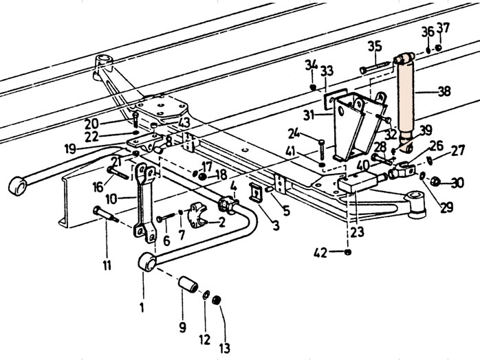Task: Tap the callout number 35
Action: (x=374, y=47)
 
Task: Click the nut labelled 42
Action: (x=348, y=253)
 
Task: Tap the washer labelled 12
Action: (x=206, y=295)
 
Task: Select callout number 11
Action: (x=107, y=264)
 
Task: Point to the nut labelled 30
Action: (x=435, y=181)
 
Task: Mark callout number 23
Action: (x=357, y=232)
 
